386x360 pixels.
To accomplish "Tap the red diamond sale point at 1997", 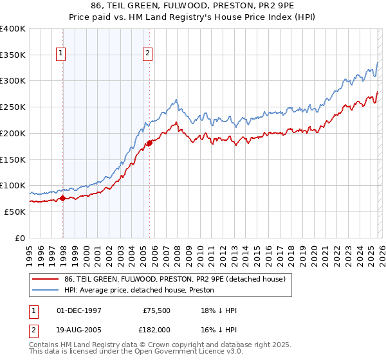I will [x=62, y=199].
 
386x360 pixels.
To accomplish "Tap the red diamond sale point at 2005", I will [x=149, y=143].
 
